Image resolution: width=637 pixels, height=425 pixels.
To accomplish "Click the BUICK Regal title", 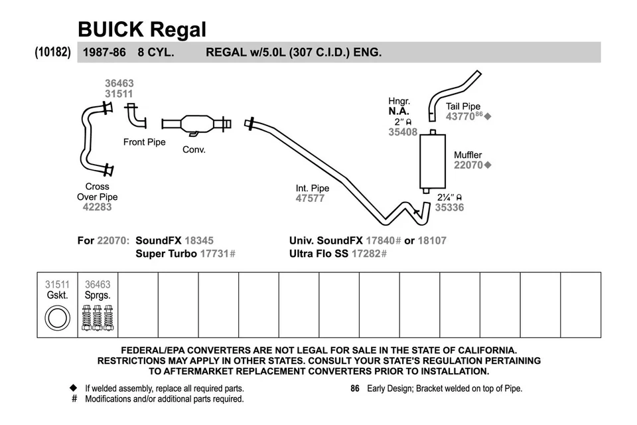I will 142,29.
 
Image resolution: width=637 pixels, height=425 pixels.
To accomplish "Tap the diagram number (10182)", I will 53,52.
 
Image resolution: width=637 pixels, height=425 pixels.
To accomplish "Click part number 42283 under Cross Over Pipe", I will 98,207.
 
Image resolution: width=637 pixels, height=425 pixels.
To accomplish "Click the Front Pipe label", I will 144,142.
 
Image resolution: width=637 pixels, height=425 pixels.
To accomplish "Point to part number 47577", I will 310,198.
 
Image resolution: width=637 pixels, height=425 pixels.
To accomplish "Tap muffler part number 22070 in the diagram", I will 468,165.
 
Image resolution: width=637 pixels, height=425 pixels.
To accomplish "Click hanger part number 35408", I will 403,132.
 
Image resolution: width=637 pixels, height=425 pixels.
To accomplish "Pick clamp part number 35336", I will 449,208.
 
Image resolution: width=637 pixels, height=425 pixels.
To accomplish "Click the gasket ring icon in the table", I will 57,318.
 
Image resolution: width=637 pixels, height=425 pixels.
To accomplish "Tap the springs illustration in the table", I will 98,318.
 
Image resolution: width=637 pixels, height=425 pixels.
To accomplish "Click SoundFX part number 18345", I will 199,240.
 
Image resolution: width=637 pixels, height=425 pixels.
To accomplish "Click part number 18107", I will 432,240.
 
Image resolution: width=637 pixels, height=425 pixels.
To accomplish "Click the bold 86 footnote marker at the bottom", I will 355,388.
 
